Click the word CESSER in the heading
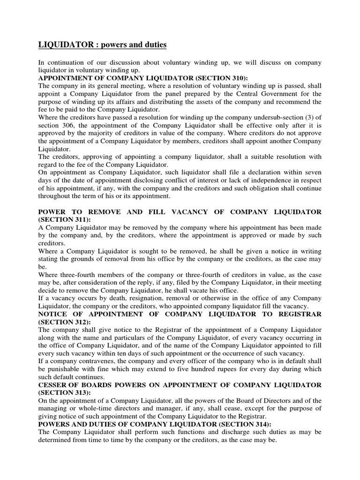coord(53,385)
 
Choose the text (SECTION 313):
coord(64,393)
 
